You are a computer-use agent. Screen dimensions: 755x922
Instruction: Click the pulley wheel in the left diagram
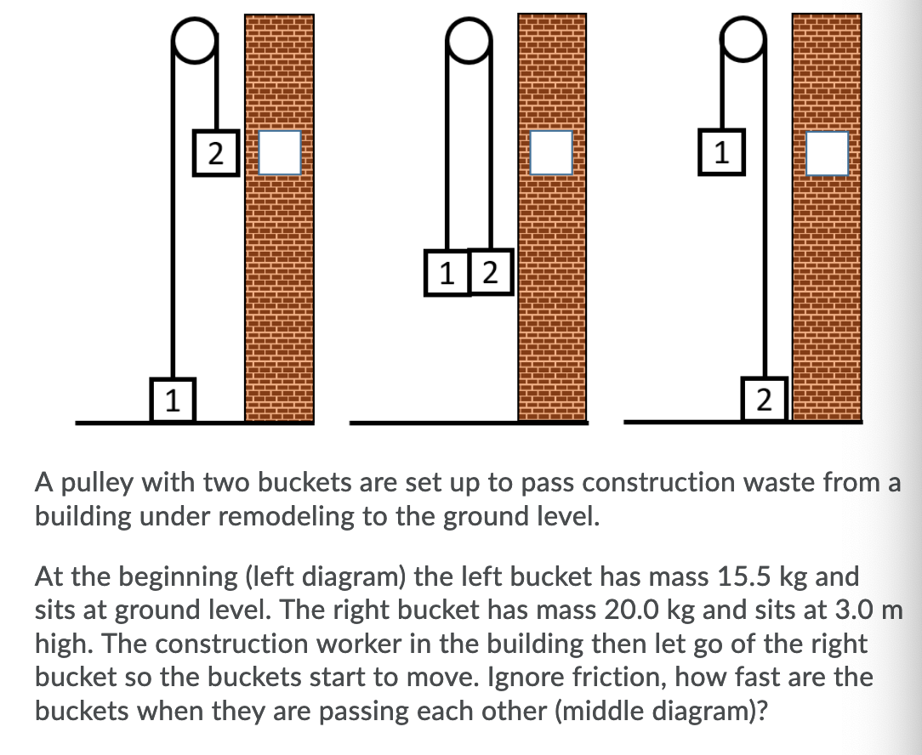(195, 40)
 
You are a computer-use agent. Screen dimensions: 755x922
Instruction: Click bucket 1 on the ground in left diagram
(173, 399)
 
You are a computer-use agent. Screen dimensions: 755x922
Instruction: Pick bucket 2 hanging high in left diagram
(216, 152)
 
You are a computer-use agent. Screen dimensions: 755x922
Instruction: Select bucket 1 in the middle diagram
(447, 272)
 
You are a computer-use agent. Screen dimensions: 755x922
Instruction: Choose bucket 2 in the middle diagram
(491, 272)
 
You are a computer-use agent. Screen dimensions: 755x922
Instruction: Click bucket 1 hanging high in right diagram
(721, 152)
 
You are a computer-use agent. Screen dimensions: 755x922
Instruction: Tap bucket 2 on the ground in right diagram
(765, 399)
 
